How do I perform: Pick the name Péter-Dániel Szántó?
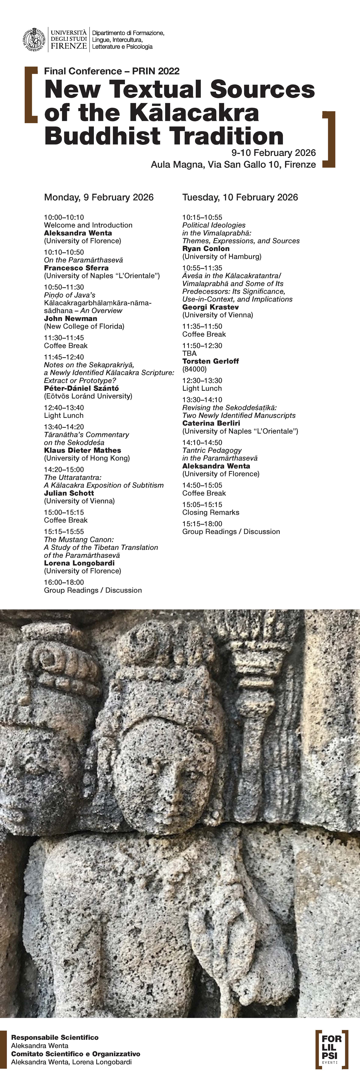pyautogui.click(x=81, y=388)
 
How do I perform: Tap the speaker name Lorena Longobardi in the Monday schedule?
pyautogui.click(x=79, y=563)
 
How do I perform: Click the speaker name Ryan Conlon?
pyautogui.click(x=206, y=249)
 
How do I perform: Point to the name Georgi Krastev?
pyautogui.click(x=210, y=307)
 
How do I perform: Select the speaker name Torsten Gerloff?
pyautogui.click(x=210, y=361)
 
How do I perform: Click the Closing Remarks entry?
pyautogui.click(x=210, y=512)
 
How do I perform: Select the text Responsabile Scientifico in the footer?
pyautogui.click(x=55, y=1037)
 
